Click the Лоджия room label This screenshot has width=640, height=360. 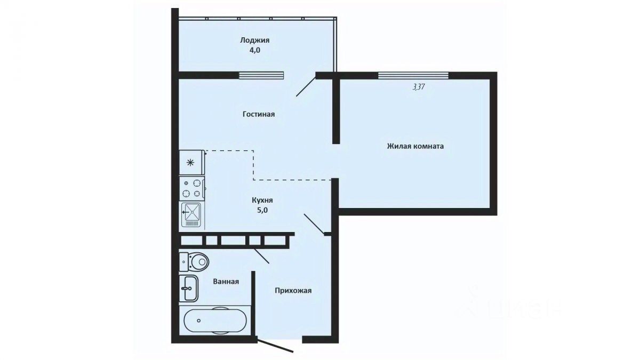coord(254,41)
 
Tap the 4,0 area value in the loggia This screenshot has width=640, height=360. coord(254,50)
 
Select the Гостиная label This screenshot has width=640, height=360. coord(259,114)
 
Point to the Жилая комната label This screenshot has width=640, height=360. coord(415,146)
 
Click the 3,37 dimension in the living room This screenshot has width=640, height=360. coord(418,86)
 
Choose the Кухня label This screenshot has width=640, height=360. coord(262,201)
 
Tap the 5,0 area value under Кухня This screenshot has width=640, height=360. coord(262,210)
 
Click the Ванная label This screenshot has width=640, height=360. coord(226,282)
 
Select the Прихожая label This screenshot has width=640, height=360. coord(293,291)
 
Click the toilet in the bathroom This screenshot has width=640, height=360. coord(194,261)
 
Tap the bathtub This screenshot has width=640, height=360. coord(215,321)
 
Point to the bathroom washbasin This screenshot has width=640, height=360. coord(189,289)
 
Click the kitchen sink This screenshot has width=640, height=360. coord(191,215)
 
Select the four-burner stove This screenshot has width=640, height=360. coord(191,189)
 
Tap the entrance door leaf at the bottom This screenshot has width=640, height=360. coord(275,346)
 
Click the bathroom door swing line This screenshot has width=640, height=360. coord(261,256)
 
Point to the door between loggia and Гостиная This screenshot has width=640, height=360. coord(306,86)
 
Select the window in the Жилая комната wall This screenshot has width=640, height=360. coord(413,75)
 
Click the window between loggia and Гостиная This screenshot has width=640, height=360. coord(261,75)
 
